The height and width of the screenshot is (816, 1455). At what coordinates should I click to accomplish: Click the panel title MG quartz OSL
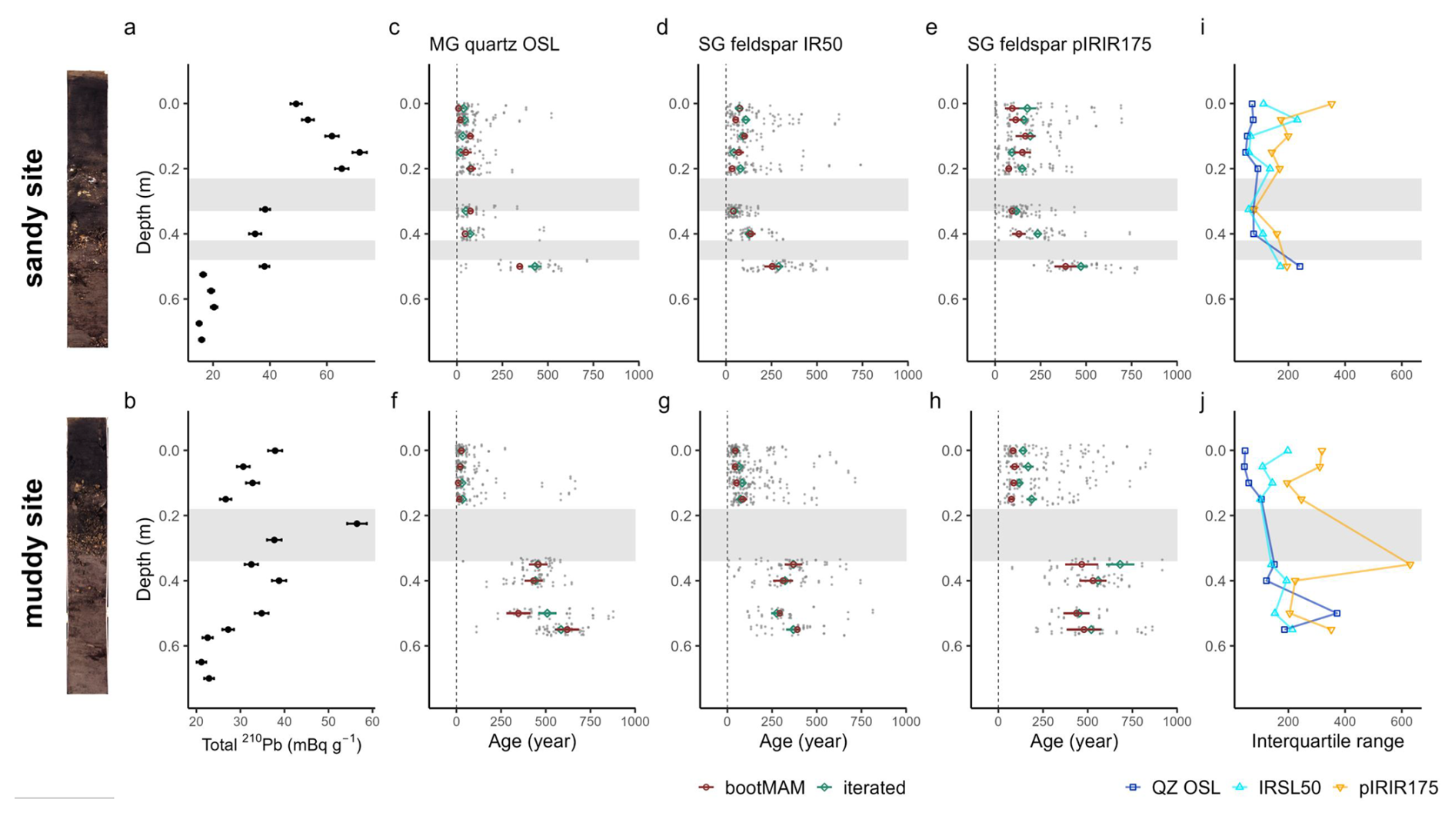494,45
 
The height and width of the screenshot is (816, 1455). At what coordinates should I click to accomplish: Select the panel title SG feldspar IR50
770,45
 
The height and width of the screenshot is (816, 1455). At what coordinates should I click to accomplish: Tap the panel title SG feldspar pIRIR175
1059,45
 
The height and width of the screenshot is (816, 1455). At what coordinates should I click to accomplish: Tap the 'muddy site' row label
34,552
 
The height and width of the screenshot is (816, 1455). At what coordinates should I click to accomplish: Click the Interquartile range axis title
1327,741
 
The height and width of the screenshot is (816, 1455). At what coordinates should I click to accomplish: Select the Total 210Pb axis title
281,744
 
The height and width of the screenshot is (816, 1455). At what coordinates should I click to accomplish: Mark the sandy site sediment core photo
87,208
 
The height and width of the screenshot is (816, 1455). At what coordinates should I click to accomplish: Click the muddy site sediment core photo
87,555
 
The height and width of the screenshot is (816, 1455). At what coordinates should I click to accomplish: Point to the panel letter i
1203,28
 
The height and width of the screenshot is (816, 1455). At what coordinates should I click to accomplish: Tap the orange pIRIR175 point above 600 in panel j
1410,565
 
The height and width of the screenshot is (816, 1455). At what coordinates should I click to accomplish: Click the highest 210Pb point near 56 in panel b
357,524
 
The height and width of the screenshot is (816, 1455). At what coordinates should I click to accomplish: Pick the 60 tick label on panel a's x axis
326,375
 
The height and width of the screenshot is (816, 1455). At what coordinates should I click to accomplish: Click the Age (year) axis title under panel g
803,741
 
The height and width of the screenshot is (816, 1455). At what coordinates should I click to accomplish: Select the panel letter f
395,401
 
